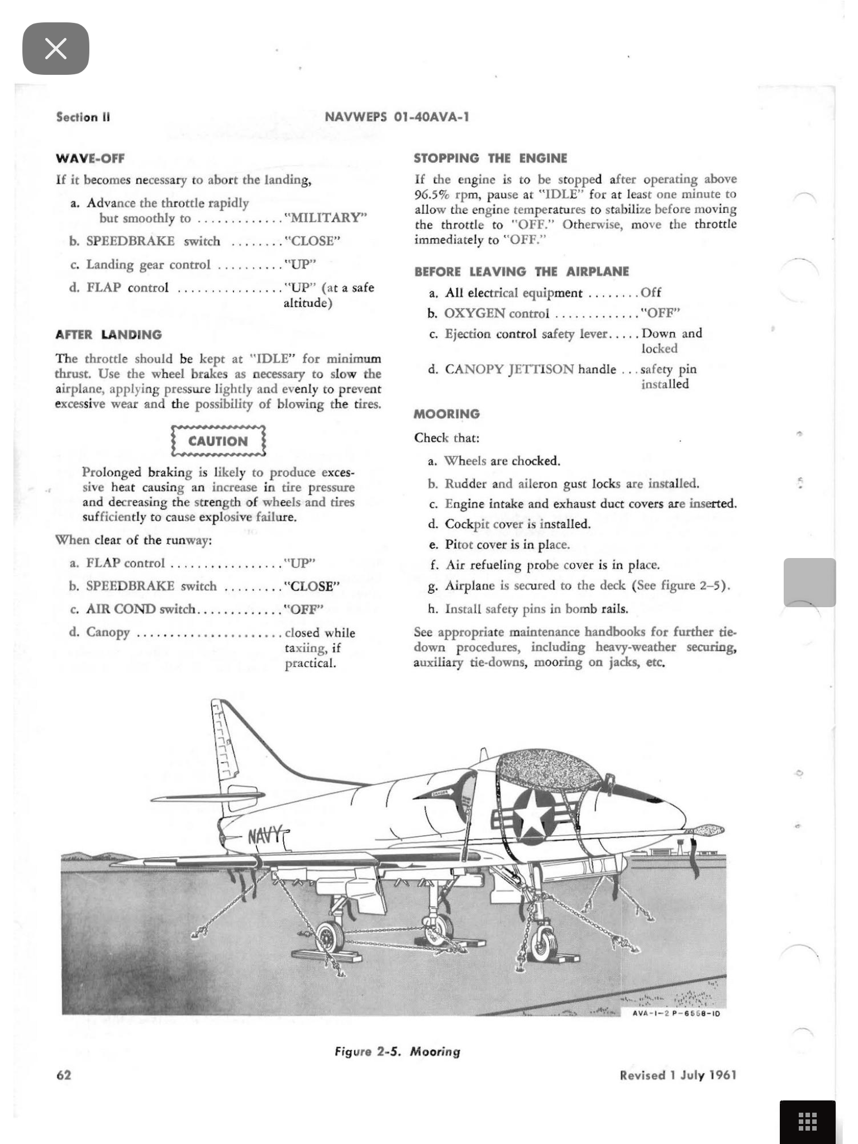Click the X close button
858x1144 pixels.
(55, 49)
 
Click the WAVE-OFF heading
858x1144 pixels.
(90, 159)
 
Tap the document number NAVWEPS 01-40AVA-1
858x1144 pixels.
(397, 117)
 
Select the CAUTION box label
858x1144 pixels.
(218, 441)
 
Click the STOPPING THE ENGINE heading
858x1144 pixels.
(490, 159)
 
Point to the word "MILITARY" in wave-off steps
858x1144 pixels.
(326, 218)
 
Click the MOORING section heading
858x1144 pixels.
(447, 414)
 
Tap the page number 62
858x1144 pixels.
(64, 1075)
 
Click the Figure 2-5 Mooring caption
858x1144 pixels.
(397, 1051)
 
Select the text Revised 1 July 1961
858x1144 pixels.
(678, 1075)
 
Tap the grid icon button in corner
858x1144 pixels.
(807, 1121)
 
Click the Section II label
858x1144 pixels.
(83, 117)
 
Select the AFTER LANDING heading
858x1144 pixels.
(109, 335)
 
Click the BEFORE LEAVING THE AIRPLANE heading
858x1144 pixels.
(522, 272)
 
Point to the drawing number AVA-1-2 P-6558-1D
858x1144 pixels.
(676, 1013)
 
